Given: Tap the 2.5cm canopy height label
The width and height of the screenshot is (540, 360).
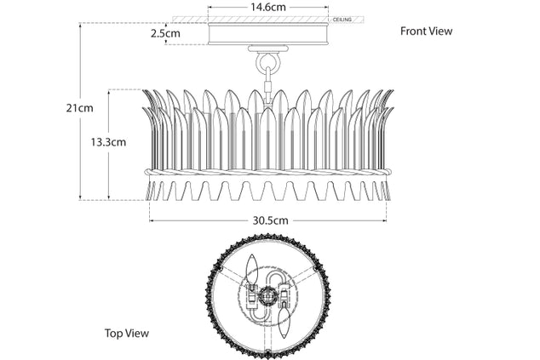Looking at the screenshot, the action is pyautogui.click(x=165, y=33).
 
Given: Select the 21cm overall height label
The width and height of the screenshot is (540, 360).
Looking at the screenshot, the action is pyautogui.click(x=79, y=108).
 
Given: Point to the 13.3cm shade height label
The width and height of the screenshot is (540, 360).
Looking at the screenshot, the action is pyautogui.click(x=108, y=142).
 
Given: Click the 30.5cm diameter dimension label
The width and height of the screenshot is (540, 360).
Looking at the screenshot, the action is pyautogui.click(x=270, y=220).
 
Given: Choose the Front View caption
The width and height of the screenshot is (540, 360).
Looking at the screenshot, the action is pyautogui.click(x=426, y=31).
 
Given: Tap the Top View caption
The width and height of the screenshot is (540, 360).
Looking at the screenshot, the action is pyautogui.click(x=127, y=333).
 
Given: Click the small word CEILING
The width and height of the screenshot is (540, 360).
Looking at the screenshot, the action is pyautogui.click(x=342, y=20).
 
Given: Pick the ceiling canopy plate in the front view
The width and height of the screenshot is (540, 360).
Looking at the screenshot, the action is pyautogui.click(x=268, y=34).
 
